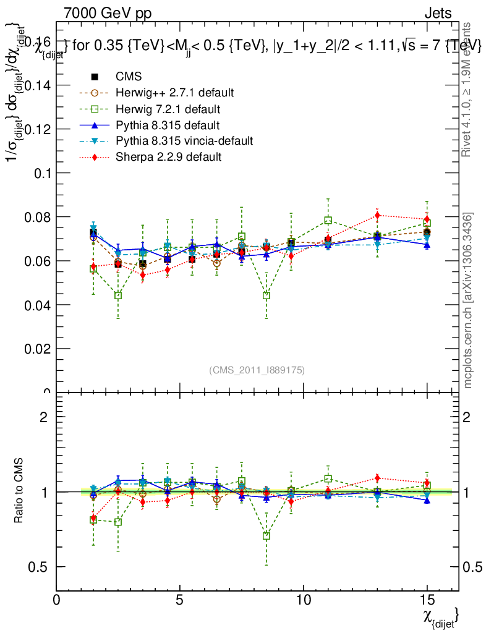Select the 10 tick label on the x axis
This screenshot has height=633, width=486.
coord(303,600)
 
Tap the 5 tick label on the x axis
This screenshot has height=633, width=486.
coord(180,600)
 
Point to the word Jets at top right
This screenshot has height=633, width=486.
coord(438,13)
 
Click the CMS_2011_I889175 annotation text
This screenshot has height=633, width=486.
coord(257,370)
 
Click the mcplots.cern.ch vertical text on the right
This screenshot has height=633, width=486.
coord(468,300)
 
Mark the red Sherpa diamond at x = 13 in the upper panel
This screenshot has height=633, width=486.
coord(377,215)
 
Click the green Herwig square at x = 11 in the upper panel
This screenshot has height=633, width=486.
coord(328,220)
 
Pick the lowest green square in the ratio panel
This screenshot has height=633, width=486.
coord(266,536)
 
